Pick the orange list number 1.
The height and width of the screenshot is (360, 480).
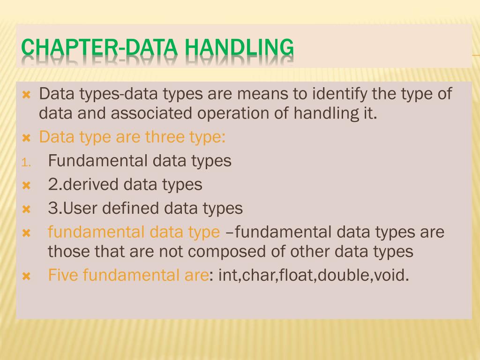(26, 163)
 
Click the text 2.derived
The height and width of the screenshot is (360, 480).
(83, 184)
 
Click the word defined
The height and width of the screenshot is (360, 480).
(132, 208)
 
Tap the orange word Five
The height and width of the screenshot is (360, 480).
(63, 275)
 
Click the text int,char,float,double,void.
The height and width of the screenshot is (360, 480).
(314, 275)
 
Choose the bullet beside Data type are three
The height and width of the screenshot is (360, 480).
(26, 138)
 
